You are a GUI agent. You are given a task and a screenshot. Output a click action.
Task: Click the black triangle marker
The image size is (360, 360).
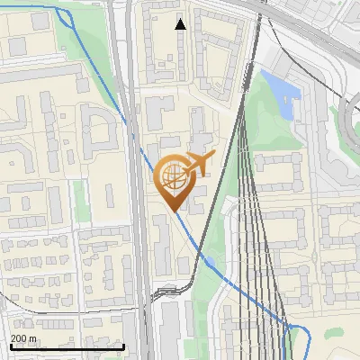tap(181, 24)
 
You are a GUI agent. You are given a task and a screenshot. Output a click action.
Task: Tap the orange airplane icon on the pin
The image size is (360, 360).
tap(197, 163)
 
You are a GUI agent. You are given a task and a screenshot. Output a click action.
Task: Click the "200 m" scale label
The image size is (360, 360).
tap(23, 337)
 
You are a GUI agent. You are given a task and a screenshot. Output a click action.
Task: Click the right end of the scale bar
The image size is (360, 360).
tap(123, 346)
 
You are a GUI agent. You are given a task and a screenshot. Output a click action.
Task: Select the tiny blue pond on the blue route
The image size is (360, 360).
tap(209, 261)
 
